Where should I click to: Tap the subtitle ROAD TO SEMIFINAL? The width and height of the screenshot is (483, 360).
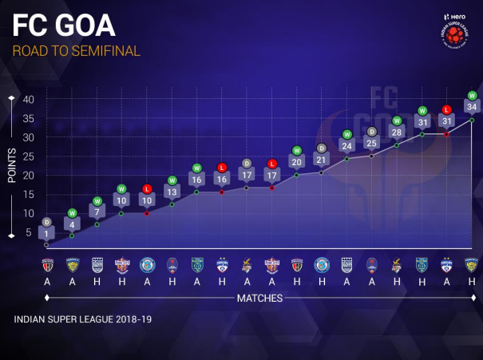(x=77, y=51)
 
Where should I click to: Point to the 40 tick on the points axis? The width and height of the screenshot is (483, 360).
(x=28, y=100)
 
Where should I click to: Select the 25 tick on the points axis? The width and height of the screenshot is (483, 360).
(x=28, y=156)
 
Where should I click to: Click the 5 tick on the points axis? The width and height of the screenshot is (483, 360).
(x=29, y=232)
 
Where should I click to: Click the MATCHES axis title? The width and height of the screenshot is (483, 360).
(x=259, y=298)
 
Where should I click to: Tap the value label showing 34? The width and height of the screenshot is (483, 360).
(x=472, y=107)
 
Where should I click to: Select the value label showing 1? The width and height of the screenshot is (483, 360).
(x=47, y=233)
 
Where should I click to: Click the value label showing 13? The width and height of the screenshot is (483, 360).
(x=172, y=192)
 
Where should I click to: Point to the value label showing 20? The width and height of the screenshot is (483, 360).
(x=296, y=162)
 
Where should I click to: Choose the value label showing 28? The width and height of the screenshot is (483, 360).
(x=397, y=132)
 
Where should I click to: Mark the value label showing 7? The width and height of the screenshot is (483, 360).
(x=97, y=212)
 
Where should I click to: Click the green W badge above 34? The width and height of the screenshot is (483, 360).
(x=472, y=94)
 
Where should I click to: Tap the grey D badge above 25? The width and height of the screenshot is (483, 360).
(x=371, y=130)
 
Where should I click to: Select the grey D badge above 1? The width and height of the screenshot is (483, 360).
(x=47, y=221)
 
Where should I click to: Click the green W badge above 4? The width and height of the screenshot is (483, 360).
(x=72, y=212)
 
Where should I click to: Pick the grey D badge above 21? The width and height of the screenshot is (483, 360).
(x=322, y=148)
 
